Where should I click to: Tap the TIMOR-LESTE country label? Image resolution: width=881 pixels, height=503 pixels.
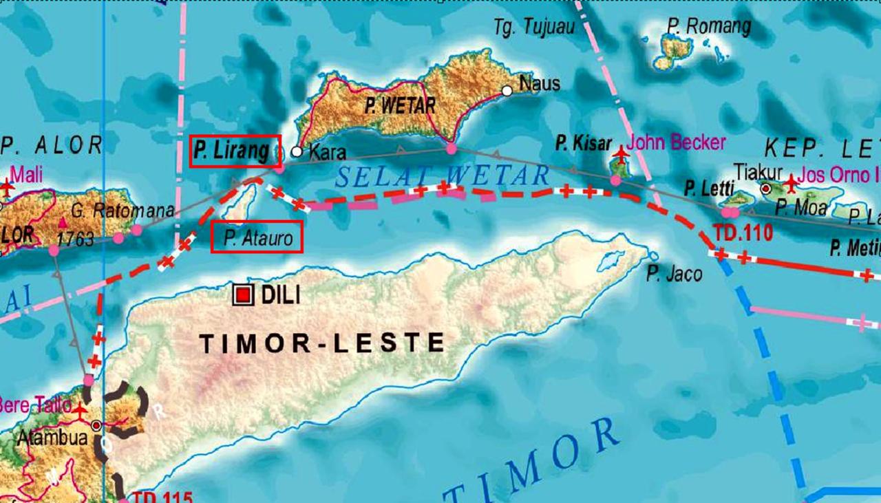tap(322, 342)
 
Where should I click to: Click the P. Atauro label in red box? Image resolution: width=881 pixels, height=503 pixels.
tap(256, 237)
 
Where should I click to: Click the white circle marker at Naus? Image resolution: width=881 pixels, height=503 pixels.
tap(507, 90)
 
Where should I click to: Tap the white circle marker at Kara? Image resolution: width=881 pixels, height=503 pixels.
tap(297, 151)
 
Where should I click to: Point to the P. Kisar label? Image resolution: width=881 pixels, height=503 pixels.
tap(584, 144)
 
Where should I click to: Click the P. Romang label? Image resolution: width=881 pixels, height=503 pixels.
tap(708, 27)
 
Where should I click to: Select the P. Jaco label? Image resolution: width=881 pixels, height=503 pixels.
tap(674, 275)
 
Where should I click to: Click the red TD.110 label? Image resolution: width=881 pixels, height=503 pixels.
tap(743, 233)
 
